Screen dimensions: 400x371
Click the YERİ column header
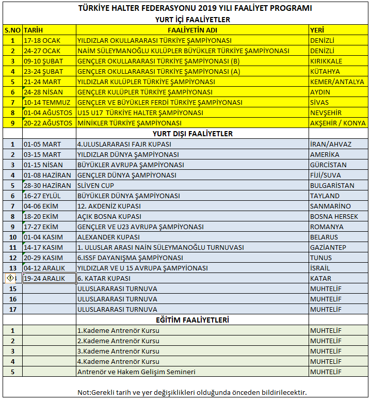click(x=316, y=30)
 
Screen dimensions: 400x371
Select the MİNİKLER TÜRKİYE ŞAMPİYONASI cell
click(x=129, y=123)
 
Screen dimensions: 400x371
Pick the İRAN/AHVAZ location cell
click(x=331, y=144)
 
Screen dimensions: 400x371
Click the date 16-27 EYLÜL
click(x=43, y=196)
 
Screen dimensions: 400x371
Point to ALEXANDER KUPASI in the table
click(x=108, y=237)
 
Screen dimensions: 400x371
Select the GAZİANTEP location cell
click(x=328, y=247)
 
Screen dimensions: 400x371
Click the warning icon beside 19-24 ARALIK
click(x=10, y=278)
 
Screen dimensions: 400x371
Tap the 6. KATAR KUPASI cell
click(x=104, y=278)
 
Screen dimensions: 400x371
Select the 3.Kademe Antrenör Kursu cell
click(x=118, y=351)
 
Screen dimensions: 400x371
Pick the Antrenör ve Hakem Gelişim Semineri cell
click(x=136, y=372)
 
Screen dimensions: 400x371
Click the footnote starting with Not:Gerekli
click(x=192, y=392)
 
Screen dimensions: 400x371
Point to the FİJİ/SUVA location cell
click(x=325, y=175)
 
